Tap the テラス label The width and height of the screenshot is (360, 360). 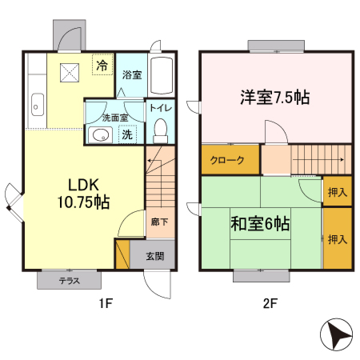click(x=70, y=281)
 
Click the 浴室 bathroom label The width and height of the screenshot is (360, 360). click(x=132, y=75)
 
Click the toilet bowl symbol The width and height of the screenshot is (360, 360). click(x=159, y=129)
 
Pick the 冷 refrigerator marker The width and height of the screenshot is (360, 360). click(x=102, y=66)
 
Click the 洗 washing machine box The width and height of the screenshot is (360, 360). click(x=126, y=135)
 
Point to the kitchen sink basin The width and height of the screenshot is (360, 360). click(x=37, y=102)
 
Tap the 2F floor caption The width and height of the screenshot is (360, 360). click(x=268, y=304)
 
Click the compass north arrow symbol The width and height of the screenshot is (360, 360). click(x=338, y=337)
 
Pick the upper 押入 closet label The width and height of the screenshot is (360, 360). click(x=338, y=192)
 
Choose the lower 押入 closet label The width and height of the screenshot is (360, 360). click(x=338, y=238)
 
